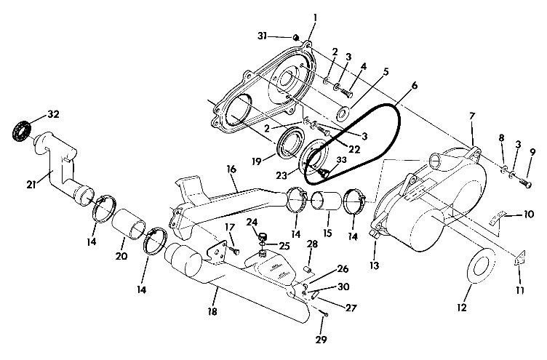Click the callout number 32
coord(53,114)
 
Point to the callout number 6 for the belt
coord(414,85)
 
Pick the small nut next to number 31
coord(298,37)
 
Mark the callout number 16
coord(231,168)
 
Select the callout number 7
coord(471,116)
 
